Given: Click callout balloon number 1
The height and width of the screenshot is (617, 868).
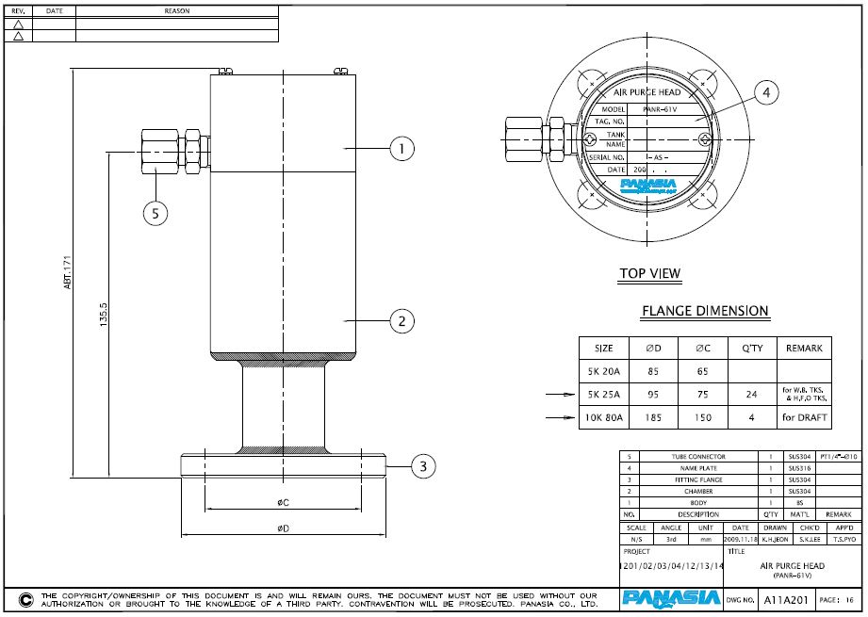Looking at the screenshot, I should [401, 148].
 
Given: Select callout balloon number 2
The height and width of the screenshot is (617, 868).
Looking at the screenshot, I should [401, 321].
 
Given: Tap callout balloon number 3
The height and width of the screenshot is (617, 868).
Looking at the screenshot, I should [423, 465].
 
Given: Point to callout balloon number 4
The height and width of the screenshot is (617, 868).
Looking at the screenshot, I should [767, 92].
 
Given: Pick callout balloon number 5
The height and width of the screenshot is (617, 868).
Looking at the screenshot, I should [156, 214].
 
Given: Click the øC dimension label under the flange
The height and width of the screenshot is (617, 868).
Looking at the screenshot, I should [282, 501].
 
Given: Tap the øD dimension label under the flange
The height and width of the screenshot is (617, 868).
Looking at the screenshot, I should [282, 528].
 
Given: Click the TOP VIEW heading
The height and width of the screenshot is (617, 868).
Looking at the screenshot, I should [649, 274].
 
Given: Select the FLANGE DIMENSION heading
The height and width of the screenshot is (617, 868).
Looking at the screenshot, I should [705, 311].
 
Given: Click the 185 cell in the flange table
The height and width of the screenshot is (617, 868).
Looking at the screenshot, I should [652, 415].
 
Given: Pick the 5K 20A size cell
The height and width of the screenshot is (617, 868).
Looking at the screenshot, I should [597, 371].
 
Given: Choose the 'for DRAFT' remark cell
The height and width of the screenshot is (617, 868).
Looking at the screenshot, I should [804, 415].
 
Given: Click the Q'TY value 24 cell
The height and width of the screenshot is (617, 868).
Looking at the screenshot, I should [751, 394].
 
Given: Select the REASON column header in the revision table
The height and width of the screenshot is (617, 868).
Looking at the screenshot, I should [176, 11].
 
